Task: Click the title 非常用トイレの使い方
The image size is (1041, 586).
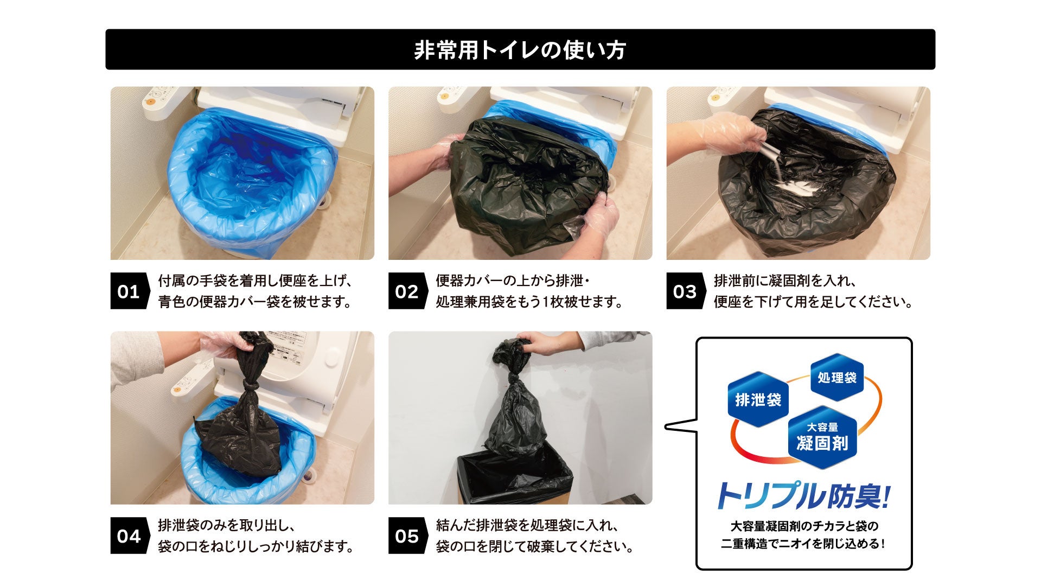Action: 520,50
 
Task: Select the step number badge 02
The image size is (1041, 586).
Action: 407,291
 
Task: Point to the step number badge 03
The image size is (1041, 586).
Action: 685,291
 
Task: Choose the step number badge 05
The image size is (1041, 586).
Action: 407,536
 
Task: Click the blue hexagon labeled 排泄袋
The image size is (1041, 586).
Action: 758,400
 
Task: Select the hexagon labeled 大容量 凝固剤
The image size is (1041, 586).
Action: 822,437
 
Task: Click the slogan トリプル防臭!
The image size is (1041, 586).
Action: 803,496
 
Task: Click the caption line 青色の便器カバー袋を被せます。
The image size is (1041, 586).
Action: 255,302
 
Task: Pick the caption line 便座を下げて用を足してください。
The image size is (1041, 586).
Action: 813,302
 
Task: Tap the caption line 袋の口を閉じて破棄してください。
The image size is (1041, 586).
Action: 535,546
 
